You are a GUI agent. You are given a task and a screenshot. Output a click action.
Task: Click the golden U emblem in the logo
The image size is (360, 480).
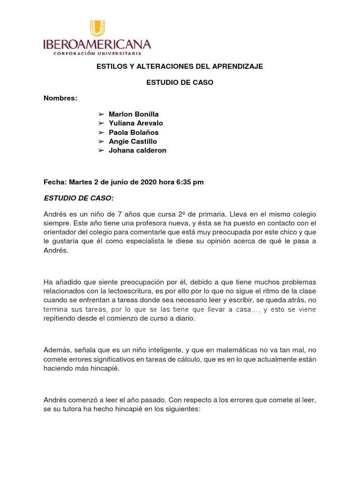point(97,28)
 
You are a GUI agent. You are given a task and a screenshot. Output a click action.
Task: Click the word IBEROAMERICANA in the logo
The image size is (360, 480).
point(97,45)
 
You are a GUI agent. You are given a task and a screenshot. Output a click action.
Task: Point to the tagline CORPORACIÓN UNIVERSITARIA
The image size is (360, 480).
point(97,53)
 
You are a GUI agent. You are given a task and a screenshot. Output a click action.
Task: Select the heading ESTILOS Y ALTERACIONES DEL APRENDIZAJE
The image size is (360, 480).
point(180,67)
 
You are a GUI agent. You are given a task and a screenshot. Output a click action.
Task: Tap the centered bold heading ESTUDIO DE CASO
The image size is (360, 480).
point(180,82)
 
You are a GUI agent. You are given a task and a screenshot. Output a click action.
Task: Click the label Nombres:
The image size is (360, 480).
point(60,98)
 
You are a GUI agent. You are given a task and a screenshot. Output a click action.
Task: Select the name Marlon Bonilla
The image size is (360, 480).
point(134,114)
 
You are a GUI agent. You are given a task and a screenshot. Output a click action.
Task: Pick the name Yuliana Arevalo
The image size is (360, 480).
point(136,123)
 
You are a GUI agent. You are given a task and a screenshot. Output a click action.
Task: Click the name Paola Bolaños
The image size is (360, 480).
point(134,132)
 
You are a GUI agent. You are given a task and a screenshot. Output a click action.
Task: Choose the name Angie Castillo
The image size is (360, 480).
point(133,141)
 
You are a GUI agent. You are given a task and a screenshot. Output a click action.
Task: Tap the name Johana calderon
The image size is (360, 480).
point(137,150)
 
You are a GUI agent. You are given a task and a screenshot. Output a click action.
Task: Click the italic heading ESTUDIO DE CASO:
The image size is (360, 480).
point(79,198)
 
